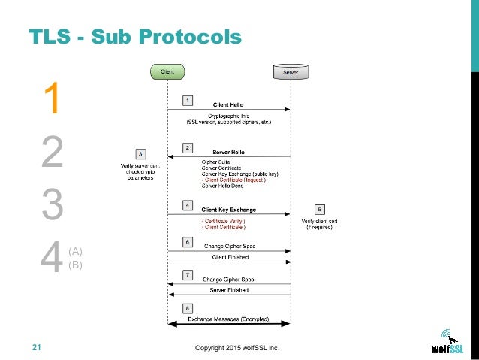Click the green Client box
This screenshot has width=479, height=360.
[167, 71]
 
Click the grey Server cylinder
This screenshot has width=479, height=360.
[289, 72]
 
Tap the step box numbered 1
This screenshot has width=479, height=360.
[187, 99]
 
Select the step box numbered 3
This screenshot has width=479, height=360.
[140, 154]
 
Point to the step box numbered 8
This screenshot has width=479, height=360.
[187, 309]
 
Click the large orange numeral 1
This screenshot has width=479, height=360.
[51, 101]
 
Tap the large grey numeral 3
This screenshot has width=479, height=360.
[51, 205]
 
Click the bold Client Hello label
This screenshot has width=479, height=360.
[227, 105]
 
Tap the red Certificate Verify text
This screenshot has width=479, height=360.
[223, 222]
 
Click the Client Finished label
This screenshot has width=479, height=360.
[228, 257]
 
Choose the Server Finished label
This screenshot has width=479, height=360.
[228, 289]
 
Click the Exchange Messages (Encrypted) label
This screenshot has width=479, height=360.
[228, 319]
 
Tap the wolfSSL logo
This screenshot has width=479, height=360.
[450, 343]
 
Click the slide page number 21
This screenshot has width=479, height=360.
[36, 347]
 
